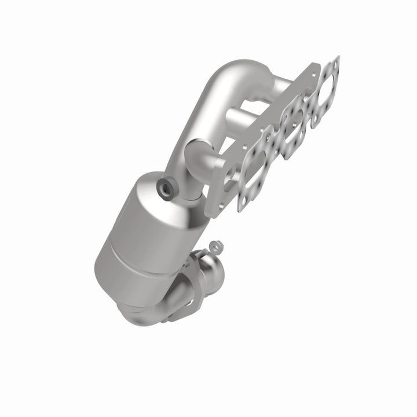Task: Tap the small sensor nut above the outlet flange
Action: pos(215,246)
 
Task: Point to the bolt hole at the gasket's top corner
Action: pos(336,60)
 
